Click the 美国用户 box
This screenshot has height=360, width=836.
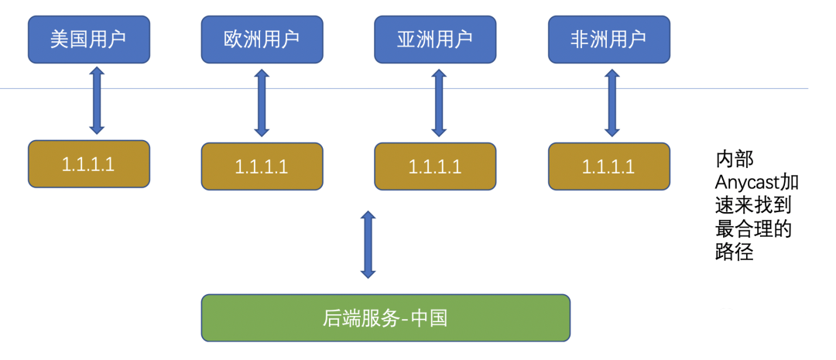[88, 39]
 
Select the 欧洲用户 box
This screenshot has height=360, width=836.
[262, 39]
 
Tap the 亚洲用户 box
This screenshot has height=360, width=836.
[435, 39]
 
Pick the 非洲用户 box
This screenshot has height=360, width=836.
[608, 39]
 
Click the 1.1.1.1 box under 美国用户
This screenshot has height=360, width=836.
[88, 163]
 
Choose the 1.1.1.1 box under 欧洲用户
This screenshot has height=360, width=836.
[262, 166]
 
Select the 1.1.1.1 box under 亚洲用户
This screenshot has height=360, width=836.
[435, 166]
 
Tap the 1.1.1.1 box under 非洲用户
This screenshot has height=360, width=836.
[608, 166]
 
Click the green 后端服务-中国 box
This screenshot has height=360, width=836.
[385, 317]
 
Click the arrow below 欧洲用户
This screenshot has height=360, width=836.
[262, 102]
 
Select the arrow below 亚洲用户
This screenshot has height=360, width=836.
[439, 102]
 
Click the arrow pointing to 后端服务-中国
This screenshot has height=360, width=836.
[368, 244]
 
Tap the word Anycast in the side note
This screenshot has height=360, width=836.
[747, 183]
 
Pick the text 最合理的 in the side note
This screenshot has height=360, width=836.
[753, 230]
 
